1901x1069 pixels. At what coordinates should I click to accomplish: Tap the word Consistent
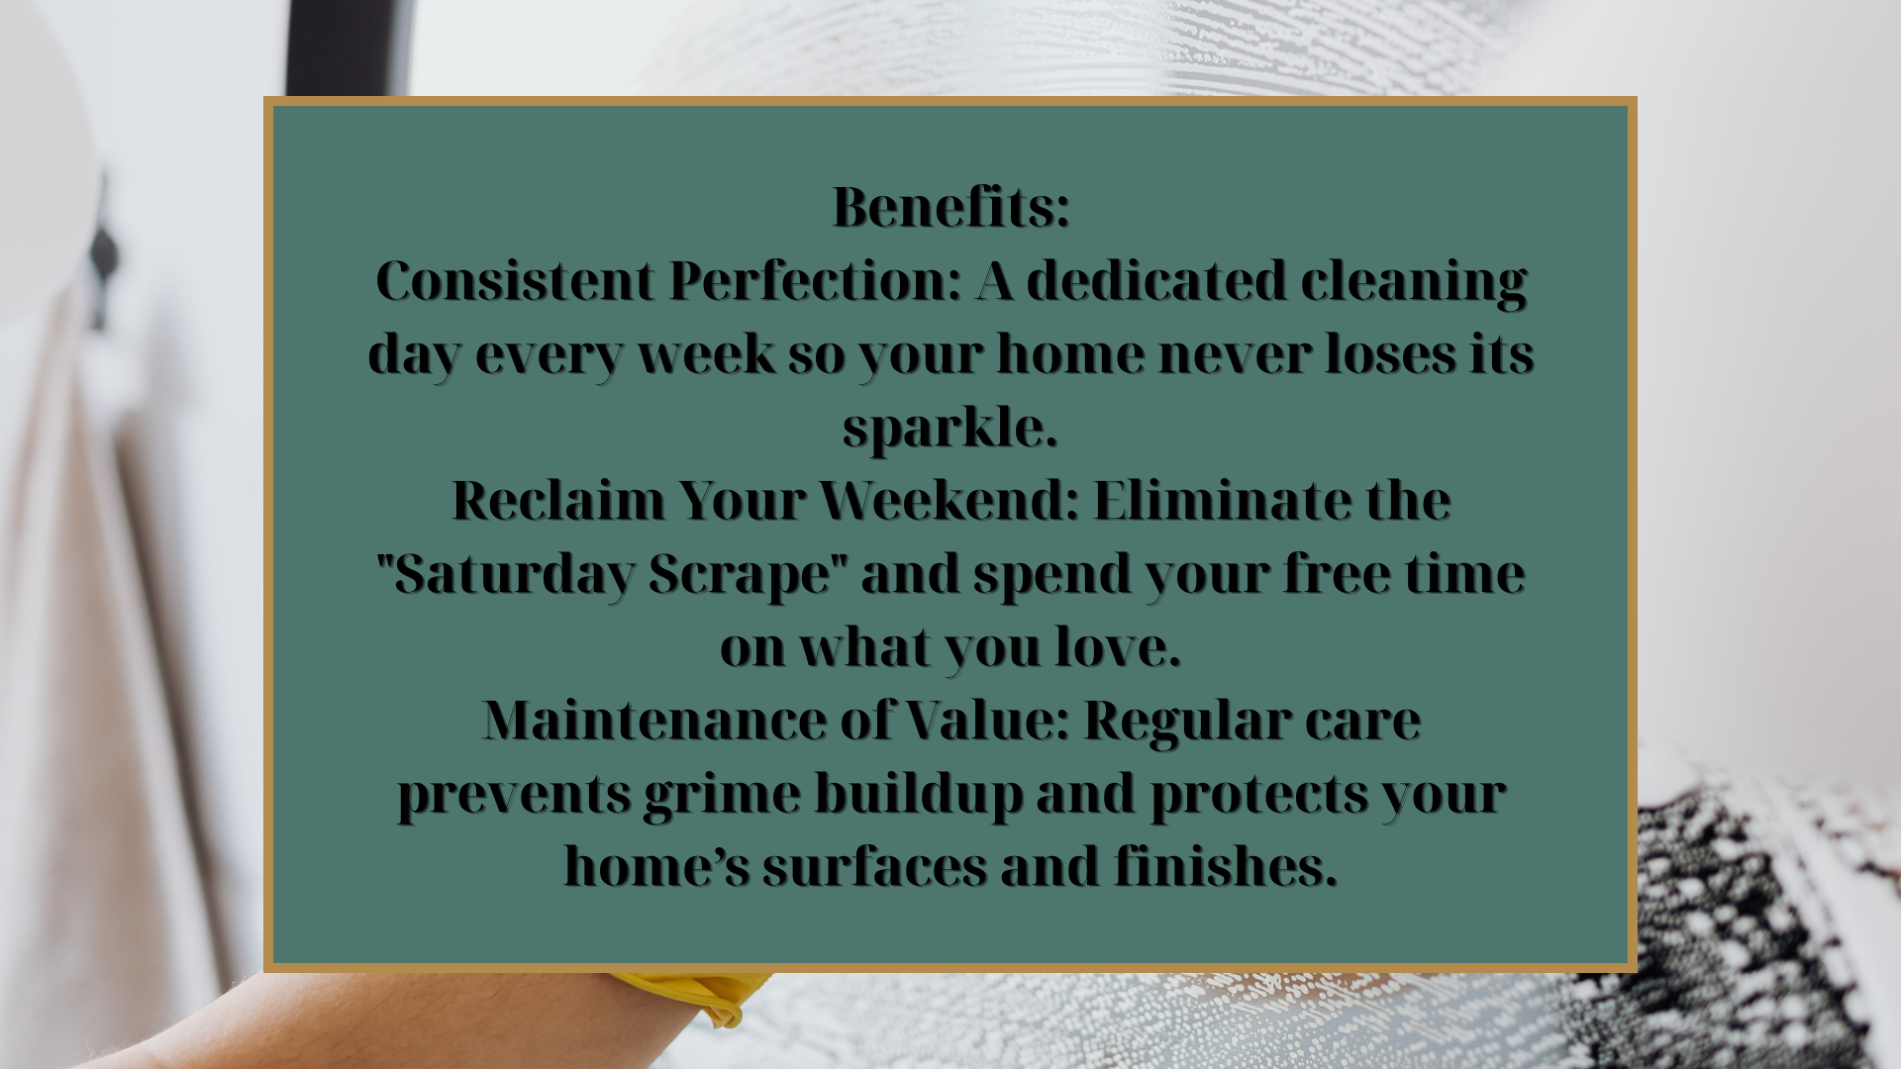click(x=515, y=280)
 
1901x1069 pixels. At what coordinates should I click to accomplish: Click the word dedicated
click(x=1156, y=280)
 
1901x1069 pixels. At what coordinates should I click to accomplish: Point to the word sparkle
click(x=950, y=429)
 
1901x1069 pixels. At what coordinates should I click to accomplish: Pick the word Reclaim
click(x=558, y=500)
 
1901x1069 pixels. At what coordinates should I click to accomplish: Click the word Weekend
click(x=949, y=500)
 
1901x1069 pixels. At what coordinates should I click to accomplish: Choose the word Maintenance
click(x=654, y=720)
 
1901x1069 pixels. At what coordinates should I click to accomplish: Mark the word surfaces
click(x=874, y=866)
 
